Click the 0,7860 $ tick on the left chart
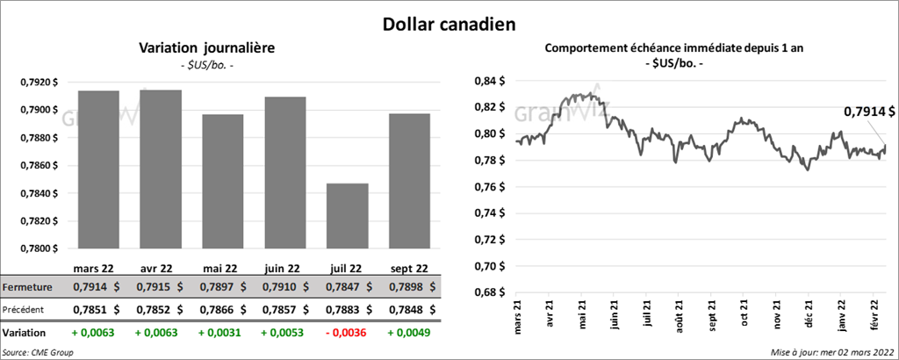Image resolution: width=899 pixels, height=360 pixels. (39, 165)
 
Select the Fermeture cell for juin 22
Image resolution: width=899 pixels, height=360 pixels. (282, 287)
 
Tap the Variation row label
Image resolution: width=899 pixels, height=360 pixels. (25, 334)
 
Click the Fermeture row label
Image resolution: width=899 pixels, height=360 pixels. (27, 287)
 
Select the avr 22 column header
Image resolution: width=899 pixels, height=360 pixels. (159, 269)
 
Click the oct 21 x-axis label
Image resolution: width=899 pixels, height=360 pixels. (744, 314)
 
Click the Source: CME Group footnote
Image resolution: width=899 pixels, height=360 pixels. (38, 351)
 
